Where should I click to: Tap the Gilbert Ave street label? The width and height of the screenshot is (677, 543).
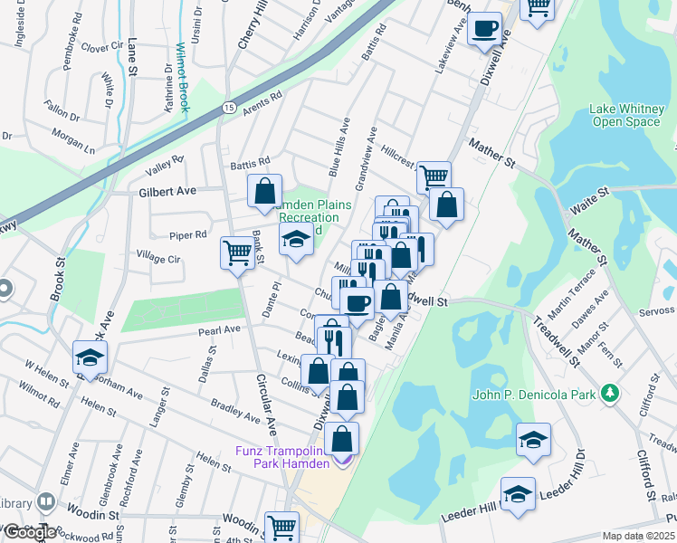pos(167,192)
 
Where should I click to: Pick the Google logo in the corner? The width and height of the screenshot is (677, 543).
pos(29,532)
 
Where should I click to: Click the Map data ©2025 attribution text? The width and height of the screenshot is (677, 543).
pos(638,536)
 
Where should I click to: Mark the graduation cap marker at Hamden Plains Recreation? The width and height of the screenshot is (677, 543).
pos(295,240)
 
